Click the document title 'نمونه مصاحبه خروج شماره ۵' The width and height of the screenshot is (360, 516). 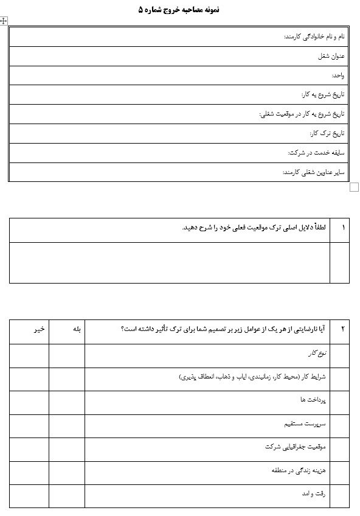click(179, 10)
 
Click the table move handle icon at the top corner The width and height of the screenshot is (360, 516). click(4, 21)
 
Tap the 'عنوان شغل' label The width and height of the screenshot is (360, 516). click(331, 56)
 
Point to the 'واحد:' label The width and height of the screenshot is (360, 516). click(338, 75)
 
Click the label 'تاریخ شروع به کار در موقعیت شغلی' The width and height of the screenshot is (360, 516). click(302, 114)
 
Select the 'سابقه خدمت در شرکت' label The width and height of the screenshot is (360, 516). click(316, 153)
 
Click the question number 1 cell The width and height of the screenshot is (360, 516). click(343, 228)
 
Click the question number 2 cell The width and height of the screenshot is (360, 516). click(343, 329)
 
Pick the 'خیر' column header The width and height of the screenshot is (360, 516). click(38, 329)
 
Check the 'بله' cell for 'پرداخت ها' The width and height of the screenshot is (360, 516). click(67, 402)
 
